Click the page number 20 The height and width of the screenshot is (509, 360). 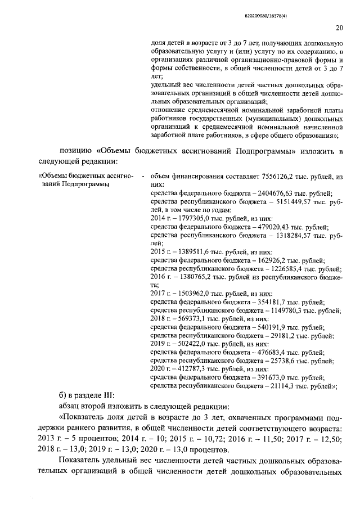pos(339,27)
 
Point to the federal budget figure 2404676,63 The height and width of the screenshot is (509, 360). pos(264,192)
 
